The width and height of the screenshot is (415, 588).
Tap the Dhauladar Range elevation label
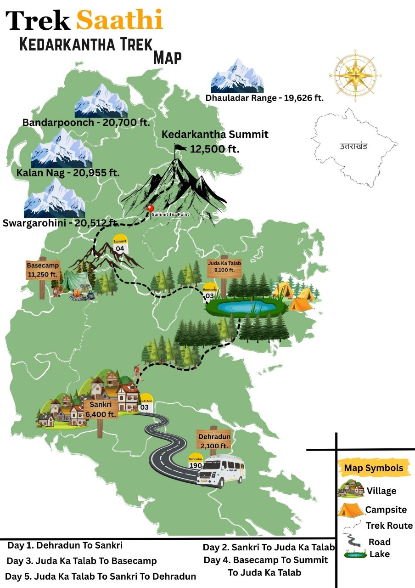[265, 98]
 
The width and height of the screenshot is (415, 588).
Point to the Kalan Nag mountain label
[67, 173]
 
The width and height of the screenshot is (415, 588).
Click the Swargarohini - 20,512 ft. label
[61, 223]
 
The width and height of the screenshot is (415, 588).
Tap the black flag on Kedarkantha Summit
[180, 148]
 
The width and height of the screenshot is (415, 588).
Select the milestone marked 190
[196, 462]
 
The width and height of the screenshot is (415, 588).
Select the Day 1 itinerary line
[65, 546]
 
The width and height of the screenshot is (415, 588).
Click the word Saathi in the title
[119, 20]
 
